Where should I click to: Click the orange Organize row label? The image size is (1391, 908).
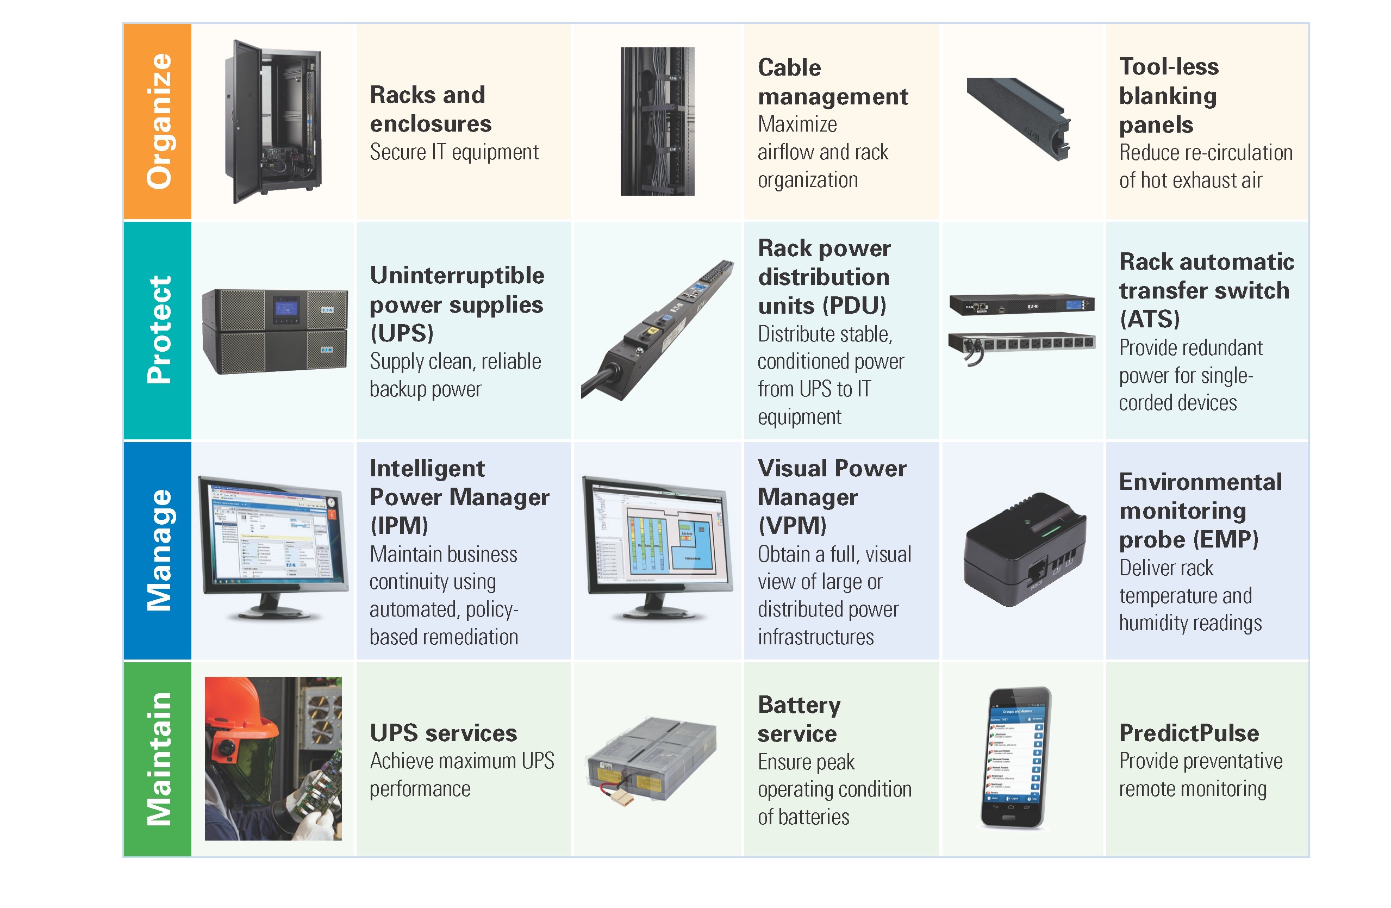157,122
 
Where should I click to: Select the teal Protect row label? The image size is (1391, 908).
157,331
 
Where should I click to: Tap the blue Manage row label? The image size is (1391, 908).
157,550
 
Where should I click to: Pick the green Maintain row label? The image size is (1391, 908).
157,758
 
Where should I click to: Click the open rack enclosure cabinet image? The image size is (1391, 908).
272,122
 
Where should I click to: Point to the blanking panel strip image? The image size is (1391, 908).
1019,119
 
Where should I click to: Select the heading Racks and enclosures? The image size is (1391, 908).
430,109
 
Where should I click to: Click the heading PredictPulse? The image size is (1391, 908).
1188,732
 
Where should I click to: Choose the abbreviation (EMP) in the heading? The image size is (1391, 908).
1226,539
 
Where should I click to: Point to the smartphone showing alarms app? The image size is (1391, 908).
1016,757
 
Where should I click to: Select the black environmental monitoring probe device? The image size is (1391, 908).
1024,550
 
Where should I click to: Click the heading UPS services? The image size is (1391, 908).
443,732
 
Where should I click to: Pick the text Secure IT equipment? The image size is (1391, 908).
453,152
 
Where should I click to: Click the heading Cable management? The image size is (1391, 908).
832,82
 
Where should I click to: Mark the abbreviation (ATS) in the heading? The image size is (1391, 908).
1149,319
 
